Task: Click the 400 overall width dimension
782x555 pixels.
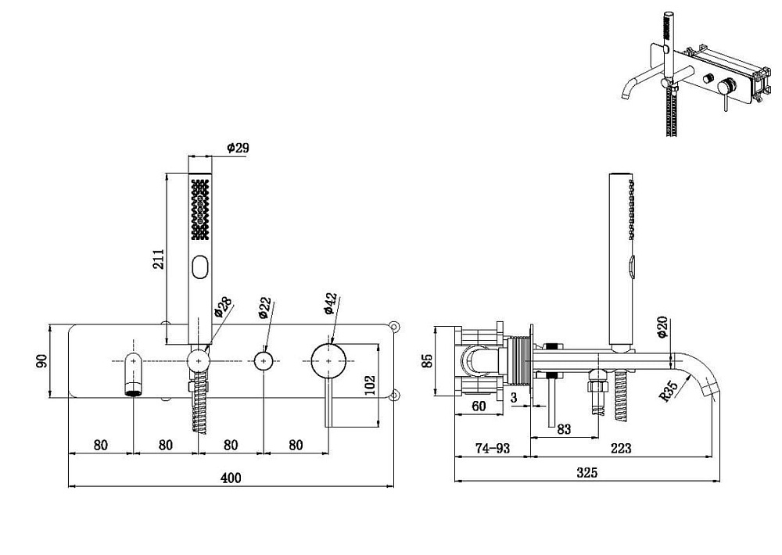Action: click(231, 478)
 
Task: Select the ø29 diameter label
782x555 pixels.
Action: click(238, 148)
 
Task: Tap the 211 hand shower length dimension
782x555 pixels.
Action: click(158, 260)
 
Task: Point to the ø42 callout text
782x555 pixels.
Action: click(331, 303)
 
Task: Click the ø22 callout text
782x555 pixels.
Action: click(265, 308)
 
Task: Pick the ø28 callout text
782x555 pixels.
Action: click(222, 307)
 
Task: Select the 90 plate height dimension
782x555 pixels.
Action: click(41, 360)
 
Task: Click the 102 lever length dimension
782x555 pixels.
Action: click(370, 385)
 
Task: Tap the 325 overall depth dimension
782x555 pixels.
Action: click(587, 472)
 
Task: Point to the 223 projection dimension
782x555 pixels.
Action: click(621, 448)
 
